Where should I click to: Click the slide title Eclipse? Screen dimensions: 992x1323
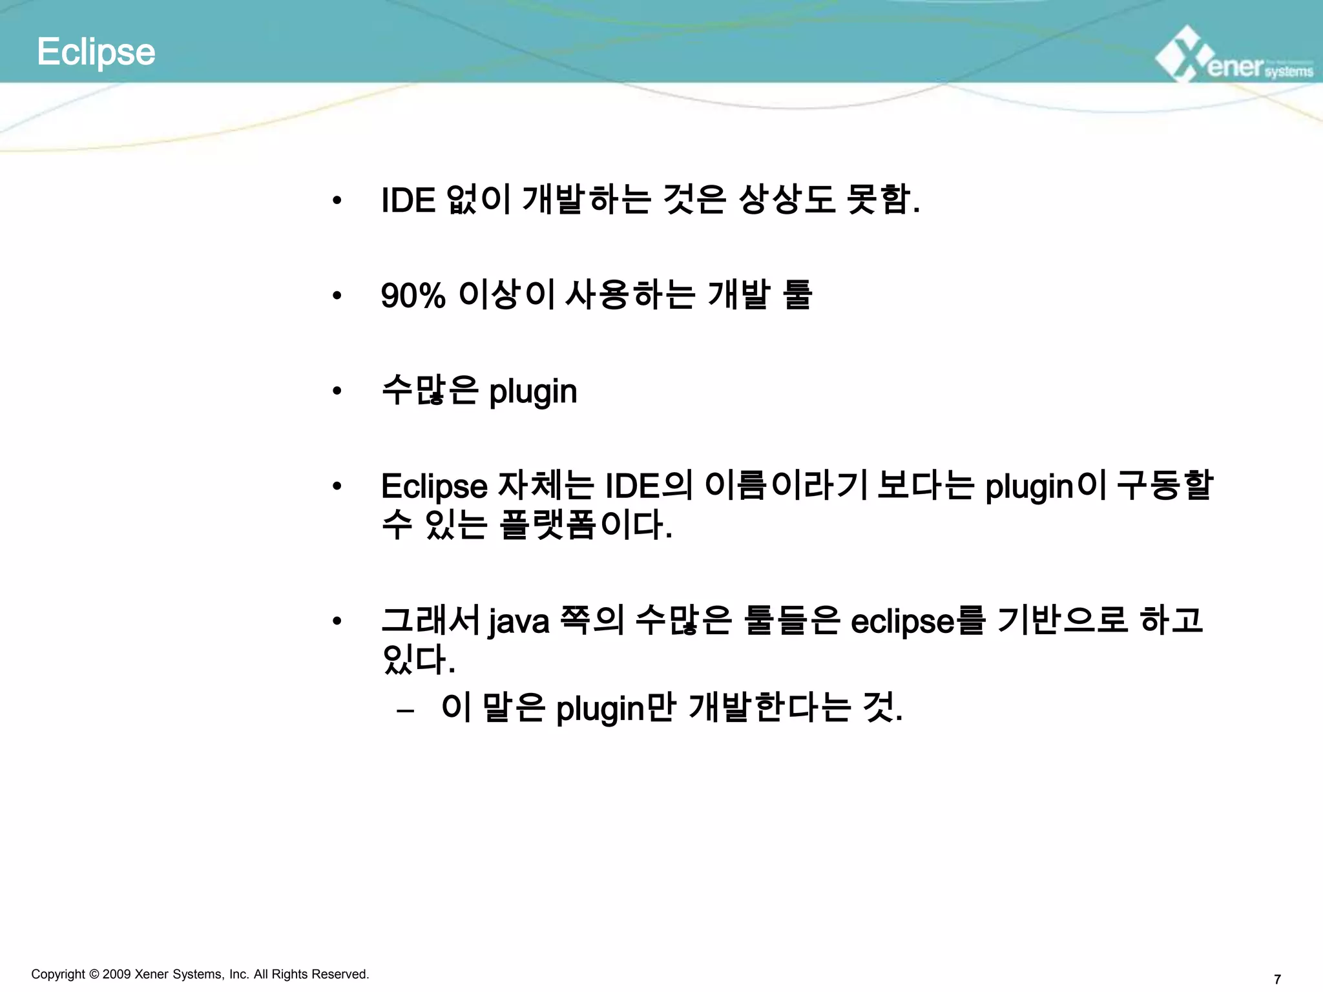click(96, 52)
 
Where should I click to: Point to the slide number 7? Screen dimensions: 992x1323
click(1276, 979)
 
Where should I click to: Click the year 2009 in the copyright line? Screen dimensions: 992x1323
click(116, 974)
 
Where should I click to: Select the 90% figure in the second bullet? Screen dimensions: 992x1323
click(413, 296)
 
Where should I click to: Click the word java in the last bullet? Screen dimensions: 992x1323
click(519, 622)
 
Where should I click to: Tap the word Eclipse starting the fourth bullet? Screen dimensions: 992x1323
click(434, 486)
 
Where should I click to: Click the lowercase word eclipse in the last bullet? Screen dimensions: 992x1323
click(902, 622)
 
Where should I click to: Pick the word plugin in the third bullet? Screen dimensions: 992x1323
click(533, 391)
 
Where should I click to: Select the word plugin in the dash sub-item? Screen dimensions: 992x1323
click(600, 709)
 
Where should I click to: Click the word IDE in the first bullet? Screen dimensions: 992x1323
click(408, 200)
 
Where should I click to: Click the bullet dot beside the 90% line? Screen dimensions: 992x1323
click(337, 296)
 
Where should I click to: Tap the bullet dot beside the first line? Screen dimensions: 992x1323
click(337, 201)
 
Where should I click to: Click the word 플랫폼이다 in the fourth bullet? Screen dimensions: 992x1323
click(585, 524)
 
